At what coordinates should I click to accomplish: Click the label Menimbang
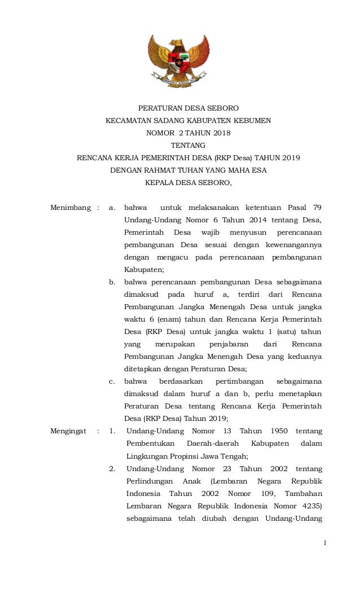71,208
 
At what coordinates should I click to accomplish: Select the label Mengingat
69,431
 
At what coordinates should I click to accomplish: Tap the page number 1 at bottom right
325,543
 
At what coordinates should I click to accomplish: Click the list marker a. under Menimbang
112,208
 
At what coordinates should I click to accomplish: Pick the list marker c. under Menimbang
112,381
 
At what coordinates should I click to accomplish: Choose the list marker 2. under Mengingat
112,468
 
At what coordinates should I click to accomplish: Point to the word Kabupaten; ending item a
144,270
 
